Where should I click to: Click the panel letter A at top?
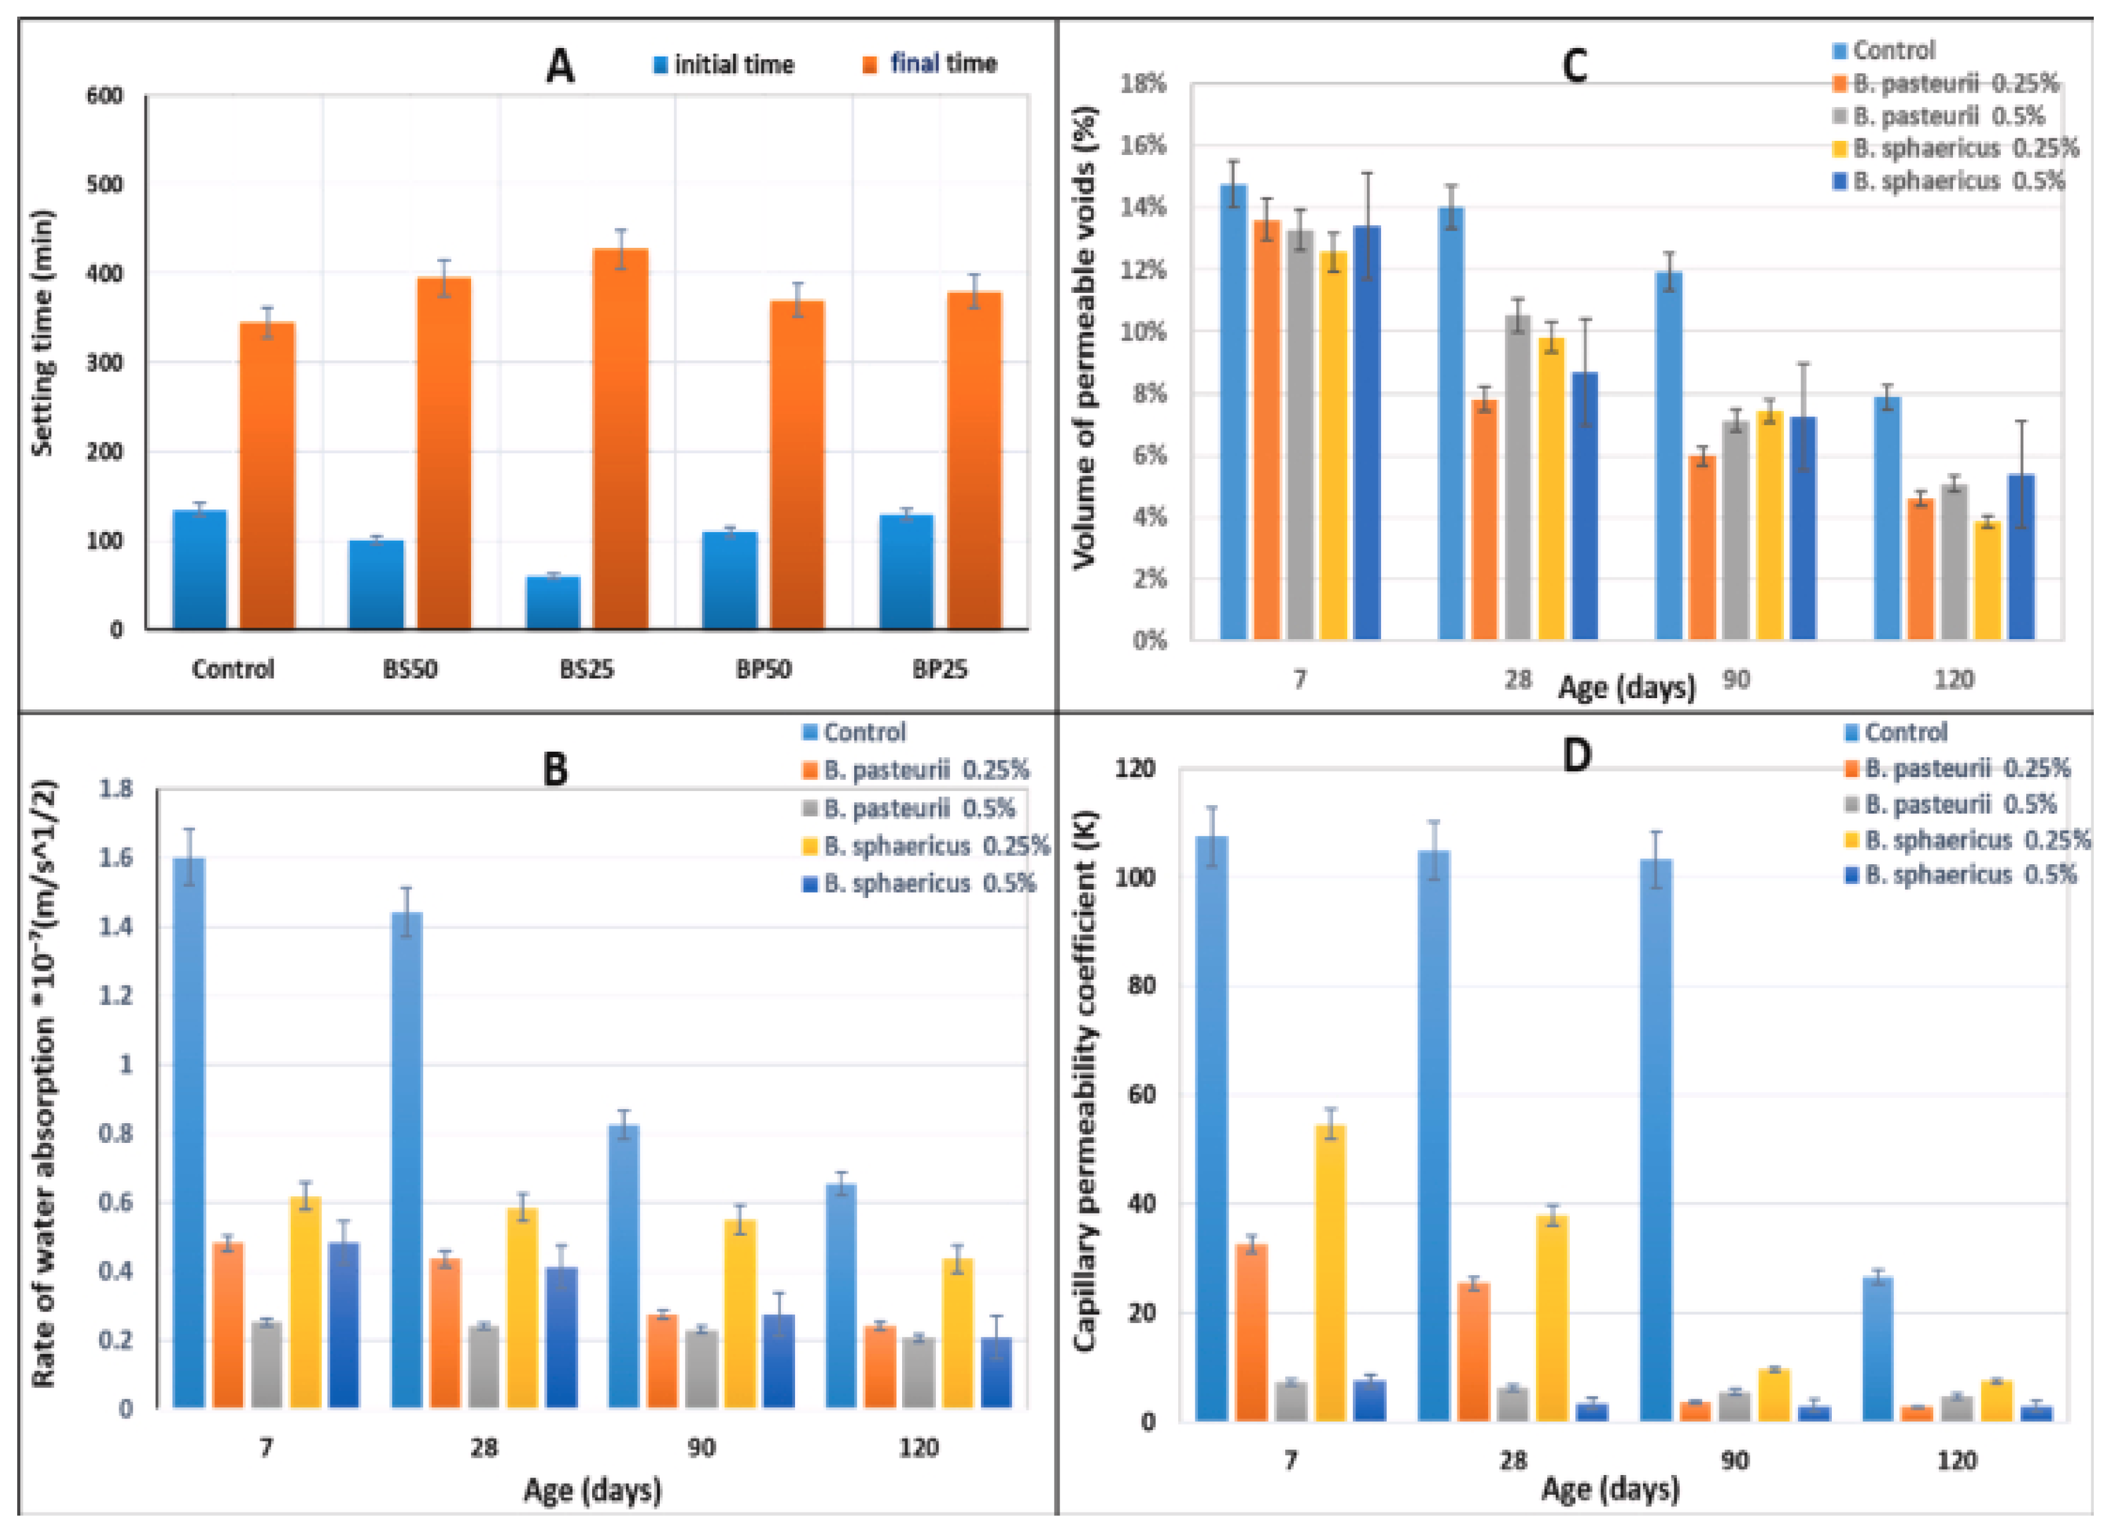point(560,66)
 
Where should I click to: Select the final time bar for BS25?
point(620,438)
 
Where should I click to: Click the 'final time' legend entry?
point(931,65)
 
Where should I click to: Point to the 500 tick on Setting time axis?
point(105,185)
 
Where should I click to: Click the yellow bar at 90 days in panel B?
point(740,1313)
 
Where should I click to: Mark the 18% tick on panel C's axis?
point(1144,84)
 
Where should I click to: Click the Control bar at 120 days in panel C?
point(1887,518)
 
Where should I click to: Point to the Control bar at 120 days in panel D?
point(1877,1349)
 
